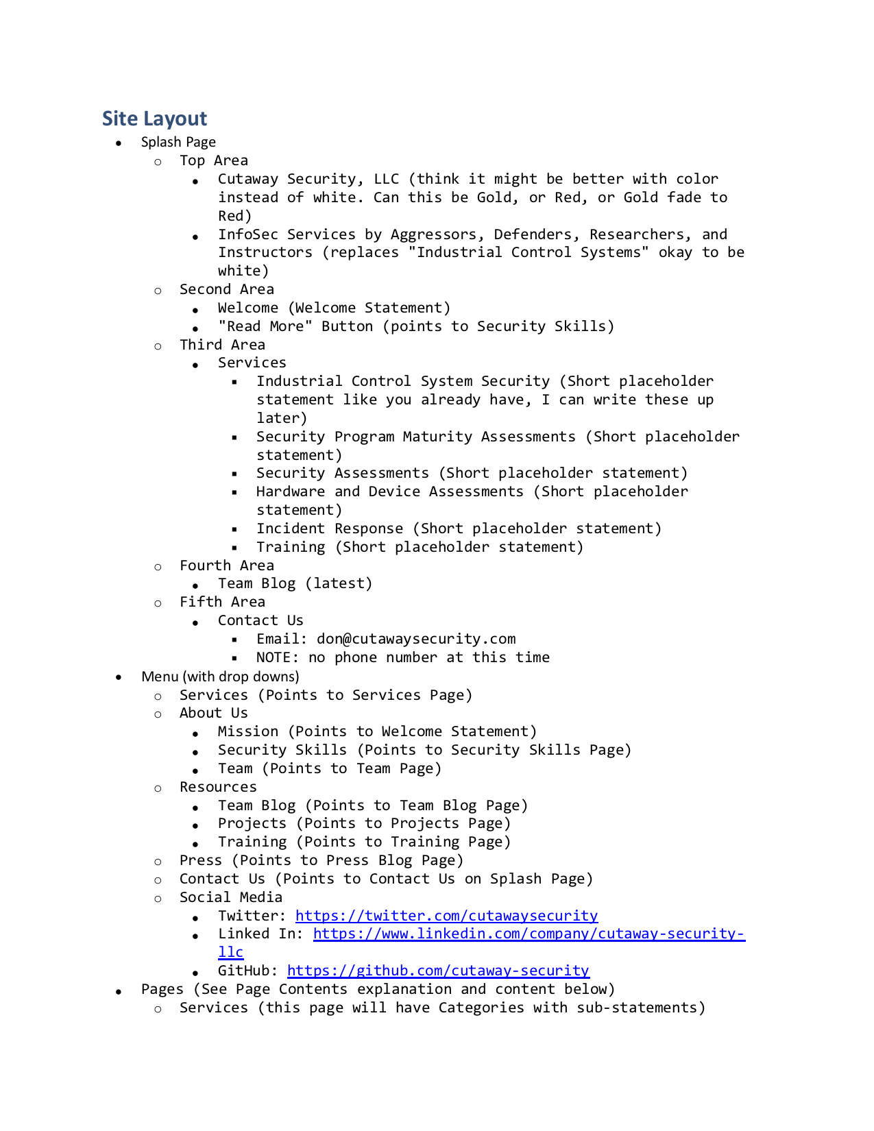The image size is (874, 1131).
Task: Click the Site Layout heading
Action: pyautogui.click(x=154, y=119)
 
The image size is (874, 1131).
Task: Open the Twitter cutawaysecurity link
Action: pyautogui.click(x=446, y=916)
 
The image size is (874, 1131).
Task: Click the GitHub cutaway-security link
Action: pyautogui.click(x=438, y=971)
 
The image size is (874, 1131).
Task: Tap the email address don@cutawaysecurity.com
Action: pyautogui.click(x=416, y=639)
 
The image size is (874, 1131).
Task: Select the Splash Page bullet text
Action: pyautogui.click(x=178, y=142)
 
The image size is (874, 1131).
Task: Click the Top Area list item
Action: pyautogui.click(x=213, y=160)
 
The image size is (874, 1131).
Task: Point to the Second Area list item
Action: pyautogui.click(x=226, y=289)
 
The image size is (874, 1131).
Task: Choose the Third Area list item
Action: pyautogui.click(x=222, y=345)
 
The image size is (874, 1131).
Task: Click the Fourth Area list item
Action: pyautogui.click(x=226, y=565)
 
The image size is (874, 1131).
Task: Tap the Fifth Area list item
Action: pyautogui.click(x=222, y=602)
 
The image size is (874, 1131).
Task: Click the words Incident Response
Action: pyautogui.click(x=330, y=528)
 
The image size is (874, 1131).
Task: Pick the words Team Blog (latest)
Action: pyautogui.click(x=295, y=583)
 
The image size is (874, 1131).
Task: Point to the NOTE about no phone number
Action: pyautogui.click(x=402, y=657)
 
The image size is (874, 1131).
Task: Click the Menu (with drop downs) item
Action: pyautogui.click(x=220, y=677)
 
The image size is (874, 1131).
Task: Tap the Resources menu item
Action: pyautogui.click(x=218, y=787)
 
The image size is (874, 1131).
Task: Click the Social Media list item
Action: pyautogui.click(x=230, y=897)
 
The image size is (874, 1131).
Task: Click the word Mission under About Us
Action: pyautogui.click(x=247, y=731)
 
